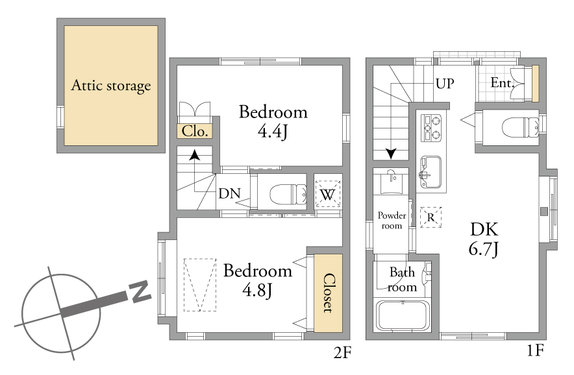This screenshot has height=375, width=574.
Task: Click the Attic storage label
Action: (x=111, y=86)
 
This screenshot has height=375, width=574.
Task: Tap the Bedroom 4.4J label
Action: (x=273, y=121)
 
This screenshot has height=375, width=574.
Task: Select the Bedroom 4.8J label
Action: (x=258, y=280)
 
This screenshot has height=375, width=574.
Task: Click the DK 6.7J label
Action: (x=484, y=239)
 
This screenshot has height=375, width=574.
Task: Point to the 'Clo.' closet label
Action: (x=195, y=131)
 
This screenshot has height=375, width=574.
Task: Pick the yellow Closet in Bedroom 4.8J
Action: (x=328, y=293)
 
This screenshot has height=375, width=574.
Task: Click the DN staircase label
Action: (x=229, y=193)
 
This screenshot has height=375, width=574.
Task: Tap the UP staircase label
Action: (x=445, y=84)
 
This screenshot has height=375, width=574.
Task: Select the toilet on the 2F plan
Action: (x=288, y=194)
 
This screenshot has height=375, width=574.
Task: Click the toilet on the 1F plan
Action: (x=520, y=127)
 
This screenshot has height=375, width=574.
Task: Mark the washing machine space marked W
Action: (x=328, y=194)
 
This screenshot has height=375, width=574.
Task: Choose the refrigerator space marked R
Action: (x=430, y=217)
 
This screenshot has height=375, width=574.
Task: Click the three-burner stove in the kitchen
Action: (x=431, y=128)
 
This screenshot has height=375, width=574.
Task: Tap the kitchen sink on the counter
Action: (x=430, y=172)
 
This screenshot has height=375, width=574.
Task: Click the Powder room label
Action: (x=392, y=220)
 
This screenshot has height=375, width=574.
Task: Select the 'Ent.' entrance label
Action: (x=503, y=83)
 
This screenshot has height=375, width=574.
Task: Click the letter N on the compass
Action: (x=140, y=291)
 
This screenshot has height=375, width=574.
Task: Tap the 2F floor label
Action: (x=342, y=353)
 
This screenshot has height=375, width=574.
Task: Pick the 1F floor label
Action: (x=535, y=350)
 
